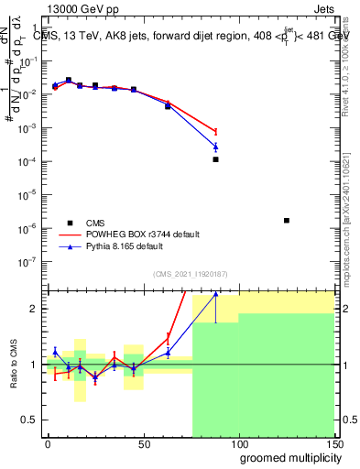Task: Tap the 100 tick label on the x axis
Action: [x=238, y=443]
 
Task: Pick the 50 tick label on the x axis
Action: [x=143, y=443]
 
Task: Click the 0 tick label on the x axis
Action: [x=48, y=443]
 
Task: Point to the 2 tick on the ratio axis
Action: [x=35, y=309]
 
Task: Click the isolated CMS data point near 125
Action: [x=287, y=221]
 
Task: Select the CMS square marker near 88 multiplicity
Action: [x=215, y=159]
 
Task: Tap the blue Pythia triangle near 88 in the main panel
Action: [x=215, y=147]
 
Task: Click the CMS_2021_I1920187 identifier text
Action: [x=190, y=273]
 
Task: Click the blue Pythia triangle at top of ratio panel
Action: [x=215, y=294]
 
